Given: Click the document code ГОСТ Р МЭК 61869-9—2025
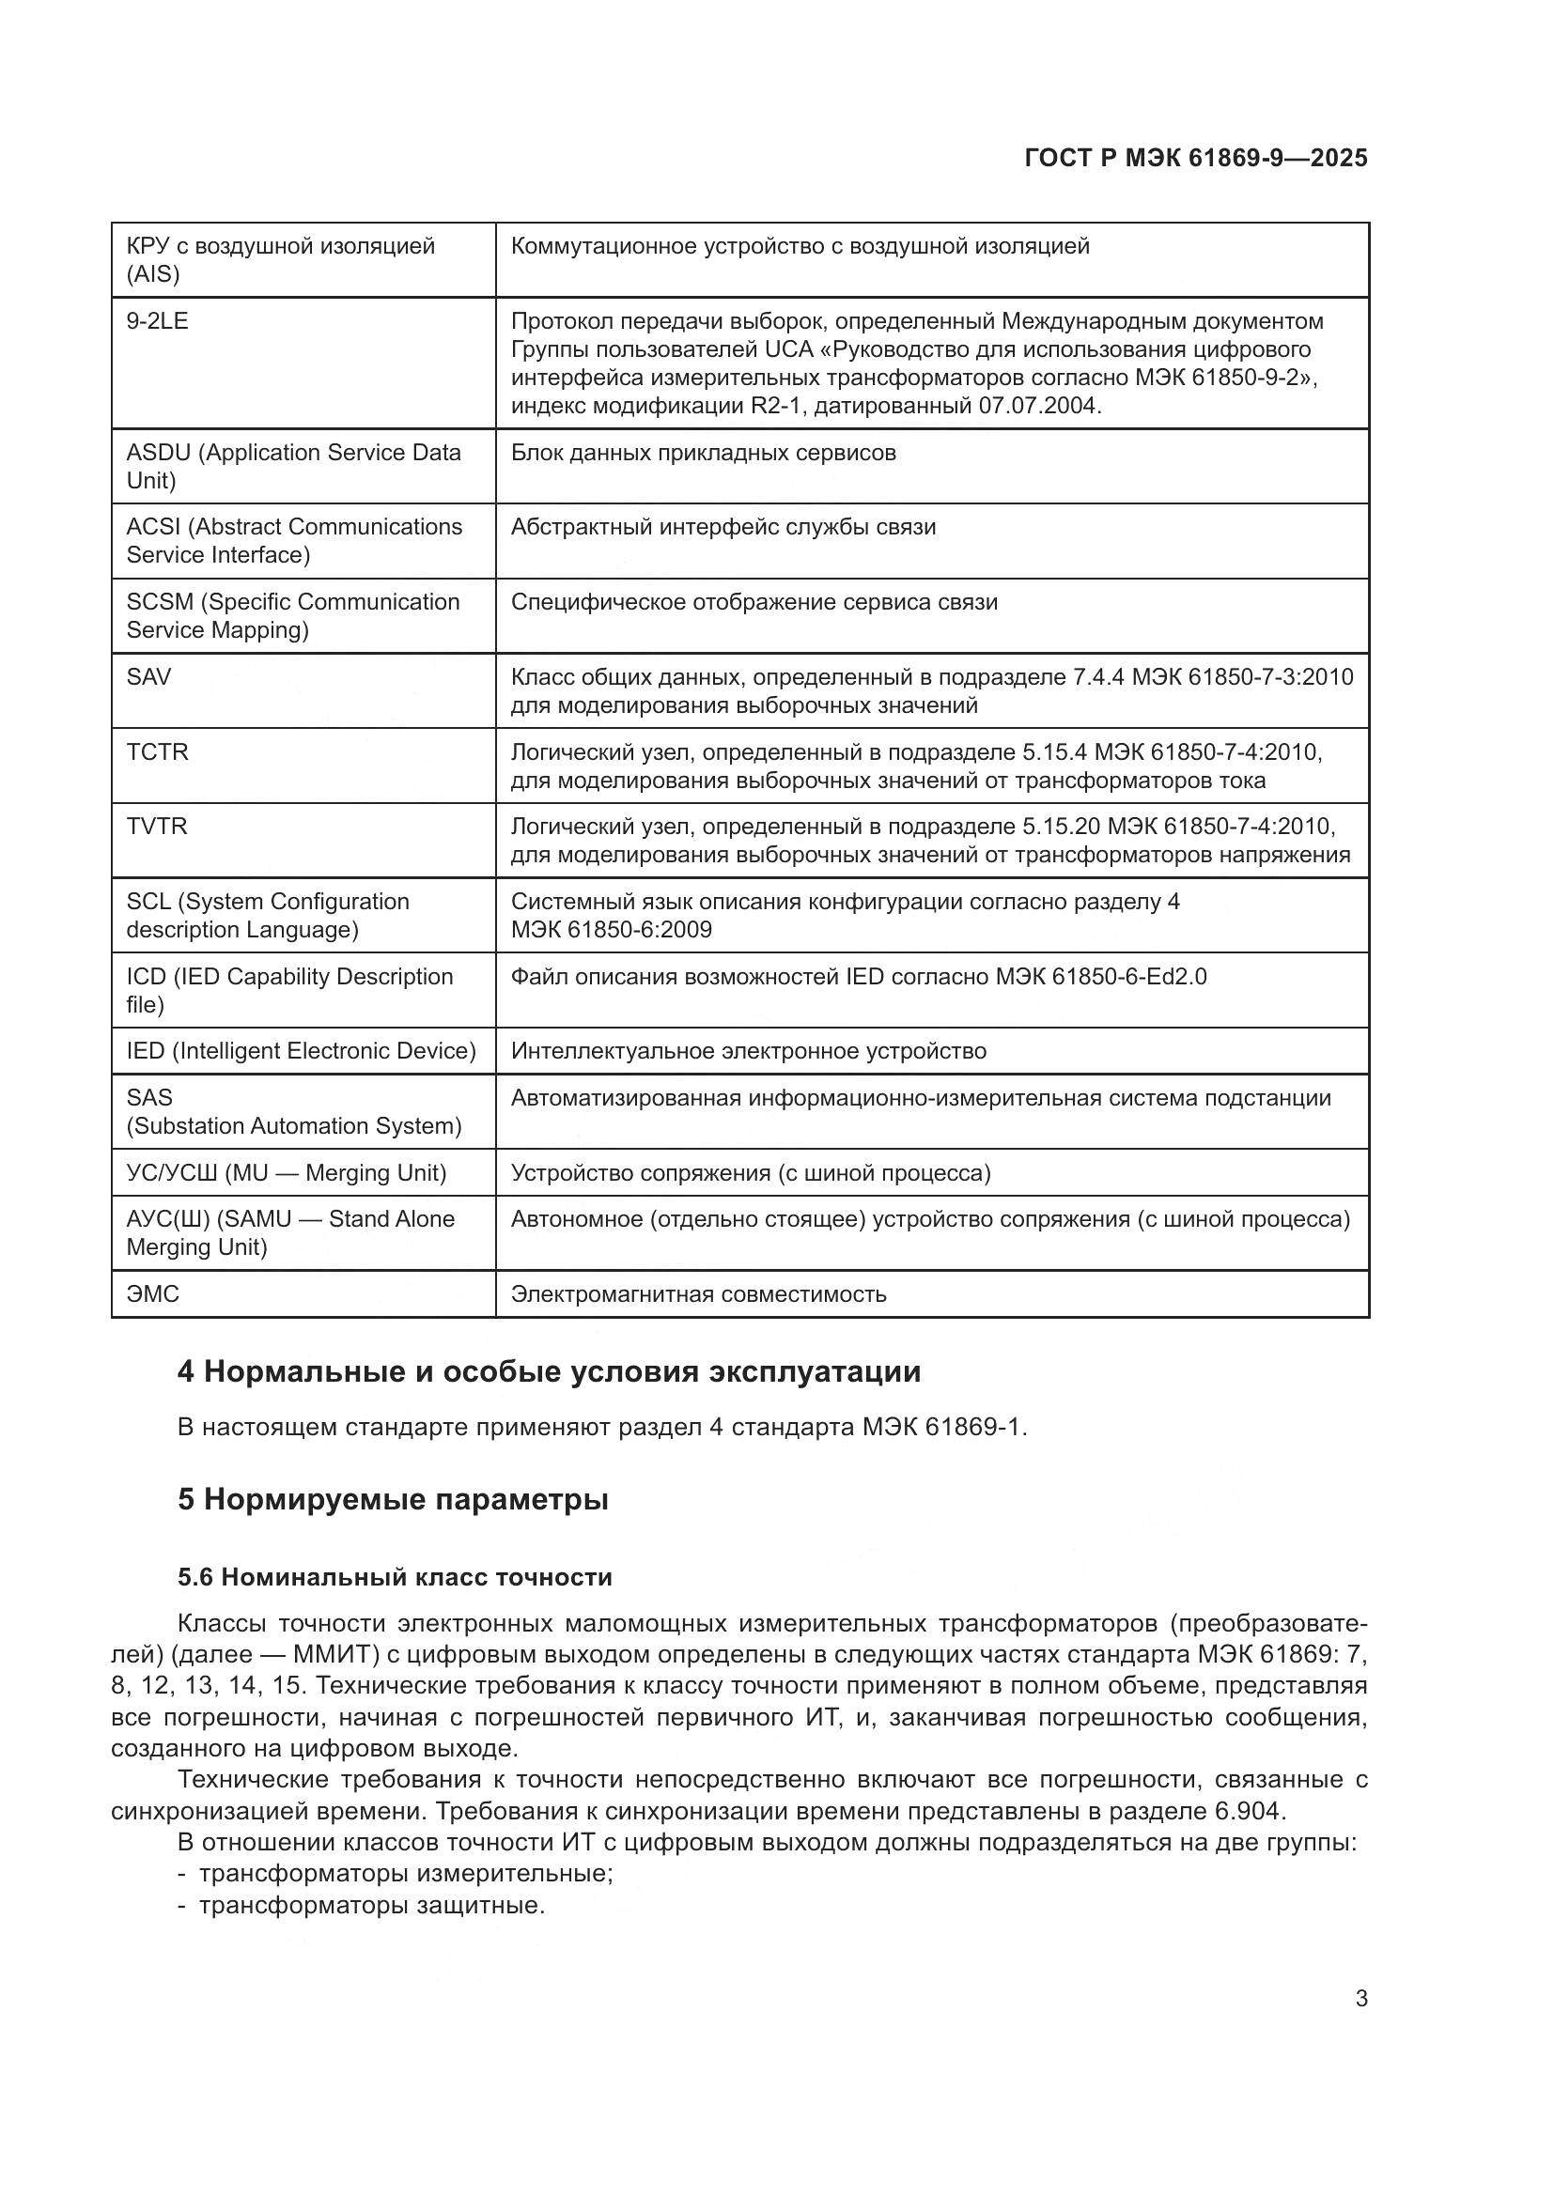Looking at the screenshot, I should click(x=1195, y=158).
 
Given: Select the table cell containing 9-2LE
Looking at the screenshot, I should click(x=158, y=321).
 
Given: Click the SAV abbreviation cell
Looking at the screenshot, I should click(x=149, y=677).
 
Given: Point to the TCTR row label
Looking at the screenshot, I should click(x=158, y=752).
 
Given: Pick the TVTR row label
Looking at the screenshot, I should click(x=157, y=827).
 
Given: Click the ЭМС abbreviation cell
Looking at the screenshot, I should click(x=153, y=1294).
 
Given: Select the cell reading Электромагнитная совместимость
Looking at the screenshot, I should click(x=698, y=1294).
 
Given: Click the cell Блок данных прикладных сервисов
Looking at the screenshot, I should click(x=704, y=453).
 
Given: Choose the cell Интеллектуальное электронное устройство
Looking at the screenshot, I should click(x=748, y=1052).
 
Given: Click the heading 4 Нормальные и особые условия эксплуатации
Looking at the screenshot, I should click(x=550, y=1372).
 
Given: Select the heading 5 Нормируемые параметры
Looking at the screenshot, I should click(x=394, y=1499).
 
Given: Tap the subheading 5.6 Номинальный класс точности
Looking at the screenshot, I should click(x=395, y=1577).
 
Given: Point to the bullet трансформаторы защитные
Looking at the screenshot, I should click(x=371, y=1905).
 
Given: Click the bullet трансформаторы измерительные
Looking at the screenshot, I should click(x=406, y=1874).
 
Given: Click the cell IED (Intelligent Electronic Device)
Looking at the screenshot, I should click(x=302, y=1052).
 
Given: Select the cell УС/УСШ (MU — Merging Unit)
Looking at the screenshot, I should click(x=287, y=1173).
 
